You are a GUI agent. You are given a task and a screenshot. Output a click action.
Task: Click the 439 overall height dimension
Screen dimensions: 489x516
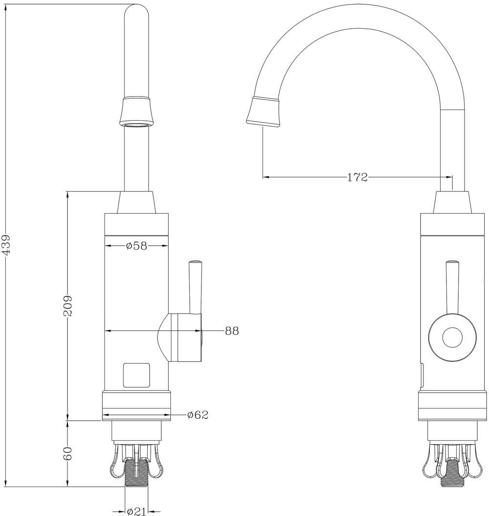point(6,244)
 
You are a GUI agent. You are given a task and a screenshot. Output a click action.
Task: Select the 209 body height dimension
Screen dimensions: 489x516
point(67,306)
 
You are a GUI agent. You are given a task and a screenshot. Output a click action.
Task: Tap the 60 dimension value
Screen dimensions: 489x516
point(67,453)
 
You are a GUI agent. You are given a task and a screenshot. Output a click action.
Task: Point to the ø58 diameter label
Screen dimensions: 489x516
point(136,245)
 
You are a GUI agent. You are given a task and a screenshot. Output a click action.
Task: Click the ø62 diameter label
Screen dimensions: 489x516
point(198,415)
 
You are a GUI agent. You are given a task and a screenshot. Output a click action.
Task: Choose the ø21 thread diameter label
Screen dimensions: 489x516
point(136,511)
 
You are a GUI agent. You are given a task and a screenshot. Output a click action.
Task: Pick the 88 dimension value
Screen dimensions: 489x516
point(232,331)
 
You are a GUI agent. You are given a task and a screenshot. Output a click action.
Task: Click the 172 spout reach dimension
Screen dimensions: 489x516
point(357,177)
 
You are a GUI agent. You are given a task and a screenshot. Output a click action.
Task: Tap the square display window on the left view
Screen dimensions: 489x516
point(136,375)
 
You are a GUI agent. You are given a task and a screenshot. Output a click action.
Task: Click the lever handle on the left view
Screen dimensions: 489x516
point(195,287)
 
